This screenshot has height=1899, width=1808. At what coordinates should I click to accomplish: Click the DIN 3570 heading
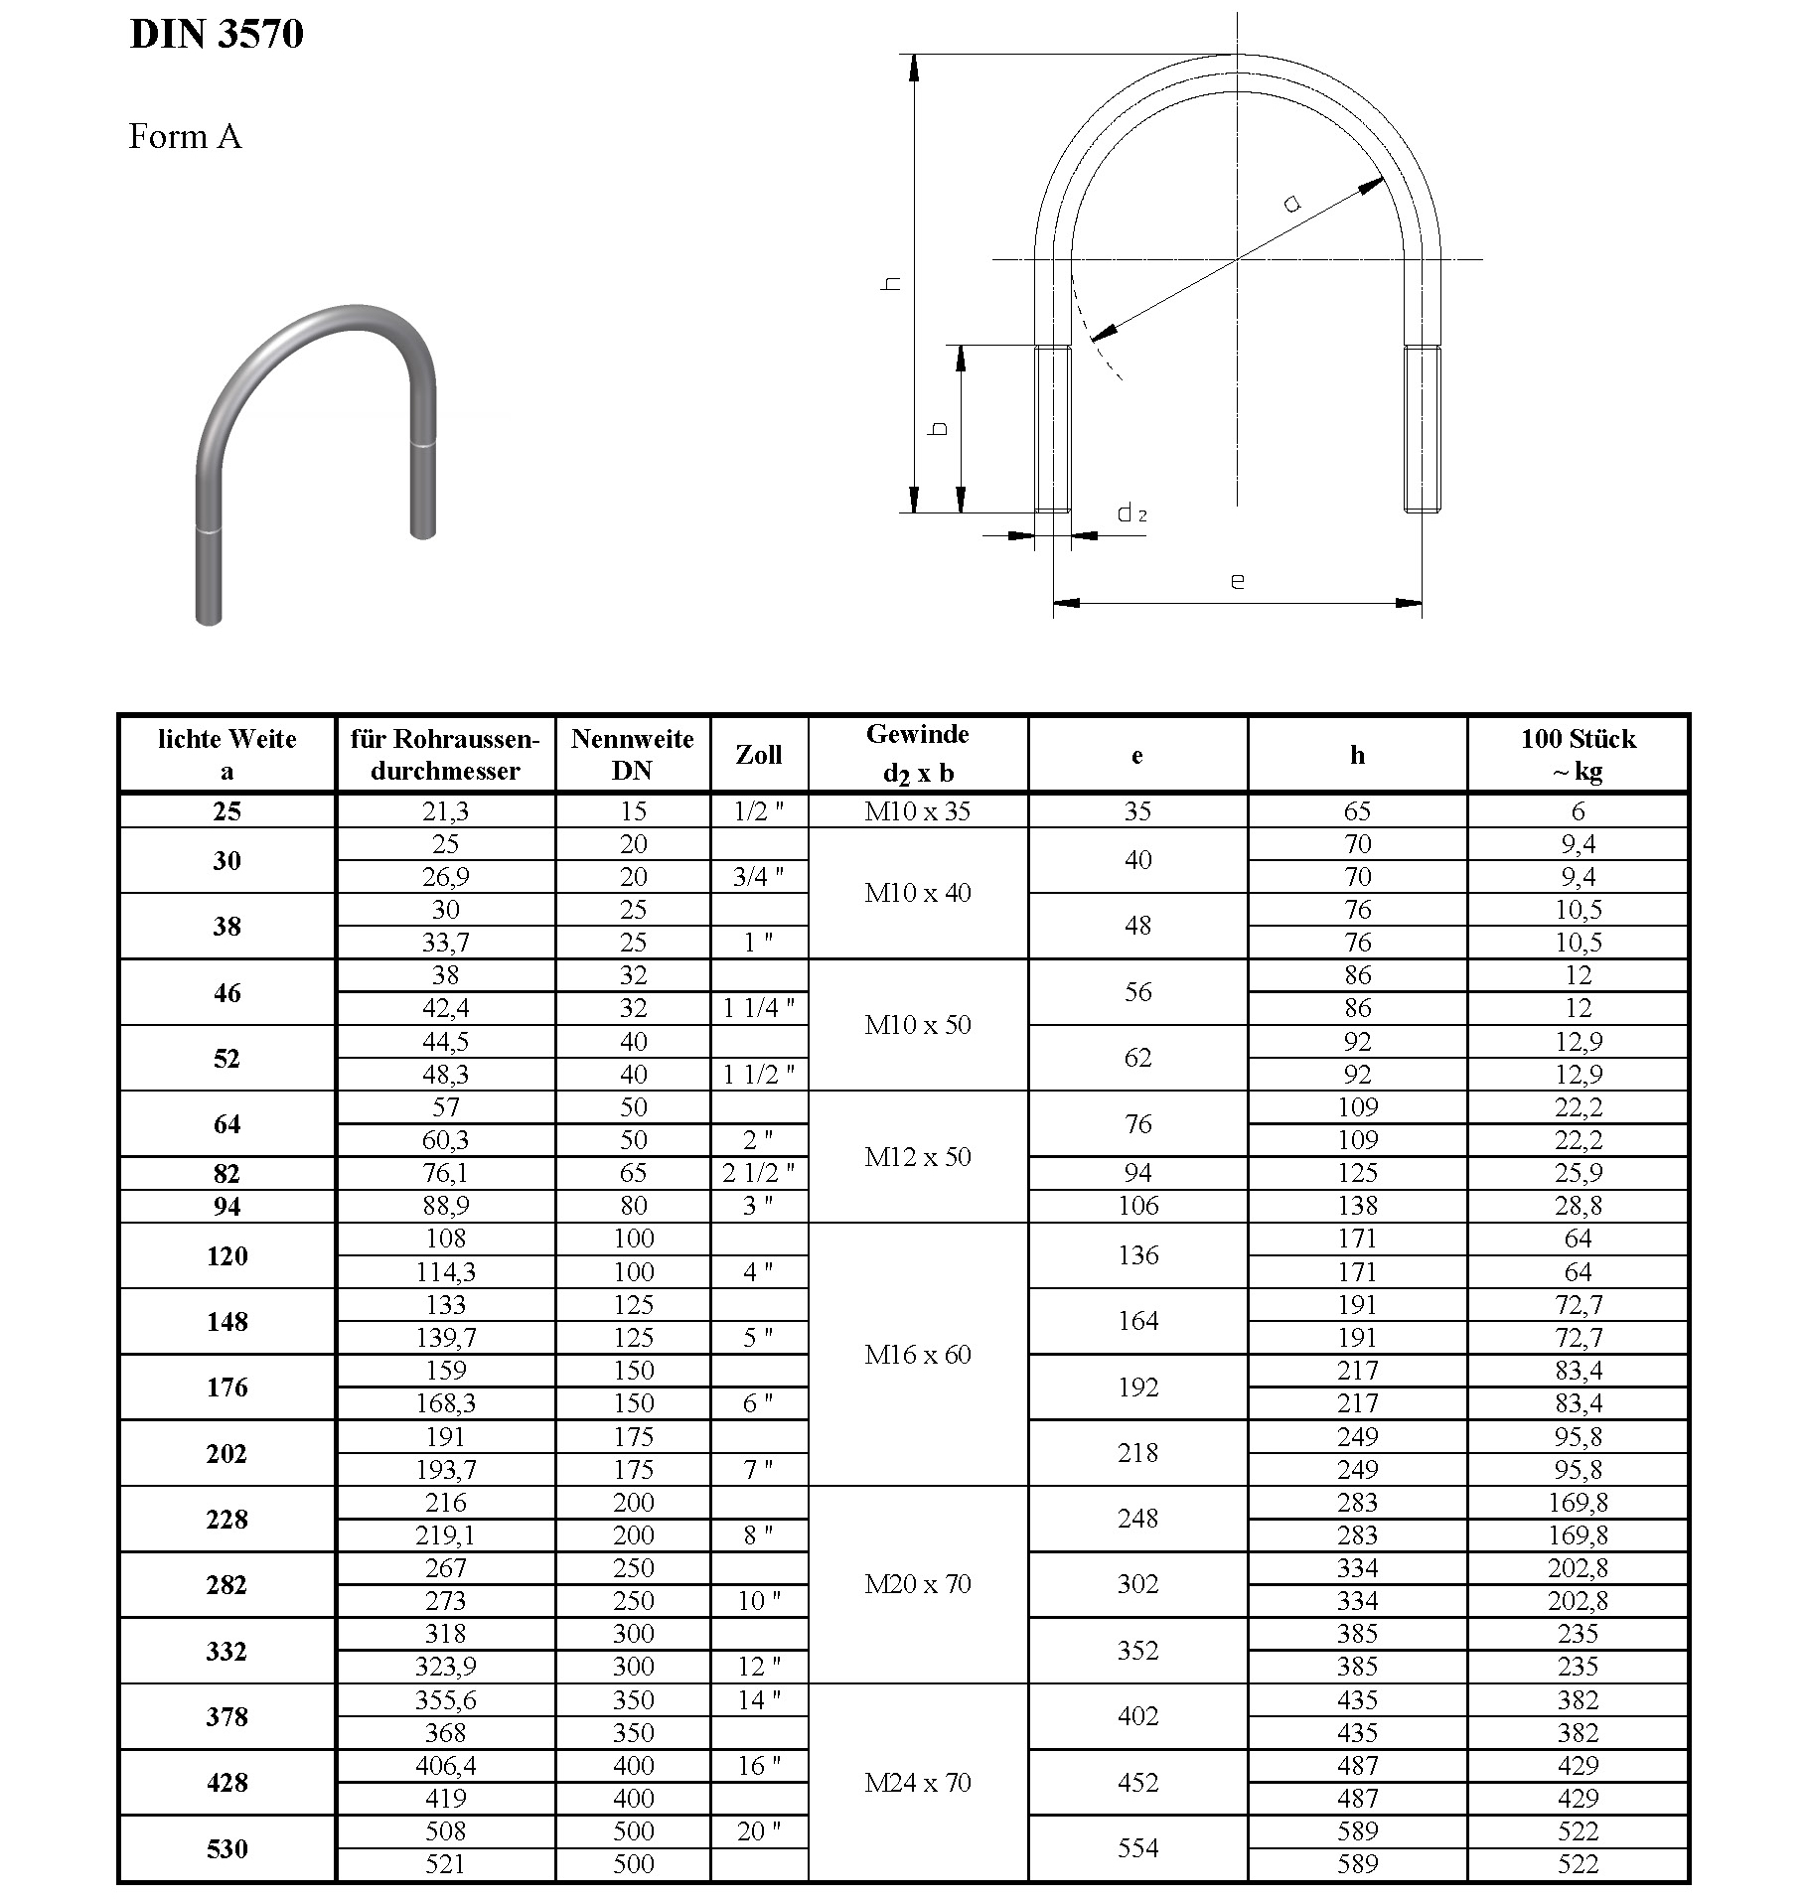tap(217, 35)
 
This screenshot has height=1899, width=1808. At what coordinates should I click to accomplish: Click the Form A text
tap(185, 136)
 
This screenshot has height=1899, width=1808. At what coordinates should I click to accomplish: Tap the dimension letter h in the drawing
tap(893, 284)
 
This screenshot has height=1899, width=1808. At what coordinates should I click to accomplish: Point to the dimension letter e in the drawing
tap(1237, 580)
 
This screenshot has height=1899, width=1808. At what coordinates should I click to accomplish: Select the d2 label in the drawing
tap(1131, 513)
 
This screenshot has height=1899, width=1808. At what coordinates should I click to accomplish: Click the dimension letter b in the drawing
tap(939, 429)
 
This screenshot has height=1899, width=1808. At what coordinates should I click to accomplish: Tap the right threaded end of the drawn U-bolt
tap(1423, 428)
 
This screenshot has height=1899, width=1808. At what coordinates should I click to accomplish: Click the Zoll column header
tap(759, 755)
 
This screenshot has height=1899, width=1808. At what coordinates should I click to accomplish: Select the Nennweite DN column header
tap(633, 755)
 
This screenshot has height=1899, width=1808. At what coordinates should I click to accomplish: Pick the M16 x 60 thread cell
tap(918, 1355)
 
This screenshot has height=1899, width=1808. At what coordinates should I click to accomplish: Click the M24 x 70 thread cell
tap(918, 1783)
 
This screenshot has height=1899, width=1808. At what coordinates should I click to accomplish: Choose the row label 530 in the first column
tap(227, 1848)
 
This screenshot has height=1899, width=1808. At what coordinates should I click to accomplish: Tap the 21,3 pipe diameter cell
tap(445, 811)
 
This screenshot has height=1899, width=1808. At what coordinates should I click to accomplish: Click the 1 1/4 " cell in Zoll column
tap(759, 1008)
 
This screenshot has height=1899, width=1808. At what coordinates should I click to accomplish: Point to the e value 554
tap(1137, 1847)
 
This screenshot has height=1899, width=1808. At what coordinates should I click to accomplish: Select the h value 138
tap(1357, 1206)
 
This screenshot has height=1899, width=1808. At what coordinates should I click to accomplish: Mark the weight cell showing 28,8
tap(1578, 1206)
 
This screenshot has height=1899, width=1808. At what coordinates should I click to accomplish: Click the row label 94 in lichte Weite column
tap(227, 1207)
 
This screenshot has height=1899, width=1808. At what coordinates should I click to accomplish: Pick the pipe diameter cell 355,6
tap(445, 1700)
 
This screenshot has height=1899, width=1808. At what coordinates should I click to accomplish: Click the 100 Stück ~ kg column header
tap(1578, 755)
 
